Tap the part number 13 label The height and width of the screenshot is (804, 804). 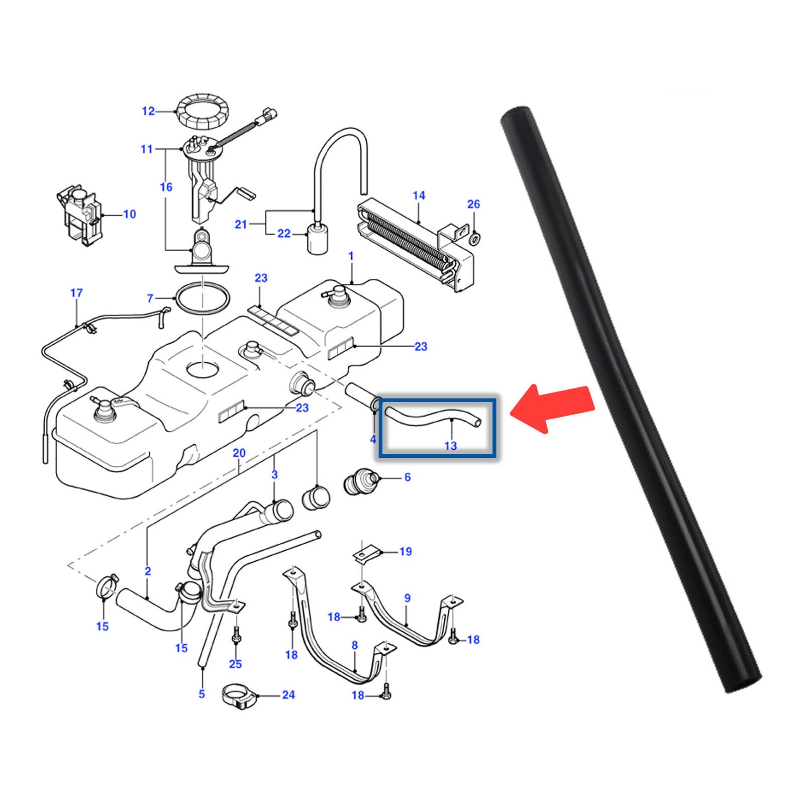(x=451, y=446)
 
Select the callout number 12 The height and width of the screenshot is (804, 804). (x=148, y=111)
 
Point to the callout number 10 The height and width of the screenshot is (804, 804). (x=130, y=214)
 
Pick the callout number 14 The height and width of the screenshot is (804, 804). (x=419, y=195)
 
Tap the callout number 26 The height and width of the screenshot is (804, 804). (x=473, y=204)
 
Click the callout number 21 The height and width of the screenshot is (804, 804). (x=241, y=224)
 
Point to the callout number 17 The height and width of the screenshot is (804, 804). (x=76, y=292)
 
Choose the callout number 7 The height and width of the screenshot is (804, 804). (x=150, y=298)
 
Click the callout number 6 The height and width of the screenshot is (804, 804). (x=408, y=477)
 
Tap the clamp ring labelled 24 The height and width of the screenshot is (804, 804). (x=240, y=696)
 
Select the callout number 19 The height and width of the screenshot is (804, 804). (x=406, y=552)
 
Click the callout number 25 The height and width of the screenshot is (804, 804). (x=235, y=664)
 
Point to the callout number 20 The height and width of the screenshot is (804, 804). (x=239, y=453)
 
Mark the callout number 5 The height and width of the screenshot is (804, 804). (x=202, y=694)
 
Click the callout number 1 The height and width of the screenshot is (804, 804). (x=351, y=256)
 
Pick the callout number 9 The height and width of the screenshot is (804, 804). (x=407, y=598)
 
